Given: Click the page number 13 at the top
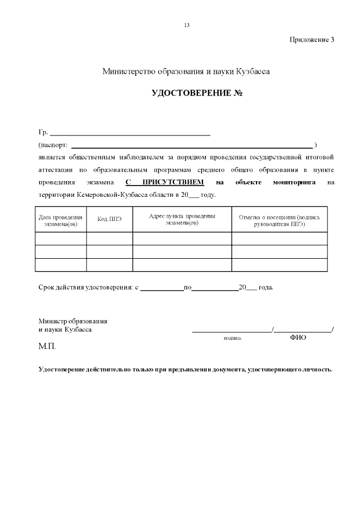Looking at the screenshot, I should (186, 25).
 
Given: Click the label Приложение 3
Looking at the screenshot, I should (312, 39).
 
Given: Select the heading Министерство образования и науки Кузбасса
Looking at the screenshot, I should (186, 72).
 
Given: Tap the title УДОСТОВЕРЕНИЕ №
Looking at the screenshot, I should (197, 92).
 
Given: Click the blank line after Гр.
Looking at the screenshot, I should (130, 134).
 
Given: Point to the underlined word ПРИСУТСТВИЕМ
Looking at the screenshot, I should (173, 183).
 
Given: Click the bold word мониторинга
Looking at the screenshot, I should (294, 183).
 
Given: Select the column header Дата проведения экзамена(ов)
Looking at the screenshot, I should (61, 220).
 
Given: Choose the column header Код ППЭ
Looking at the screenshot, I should (109, 219).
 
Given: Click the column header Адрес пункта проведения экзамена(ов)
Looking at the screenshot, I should (182, 220).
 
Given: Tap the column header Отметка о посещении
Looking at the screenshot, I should (280, 220).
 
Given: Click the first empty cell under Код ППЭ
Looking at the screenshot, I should (109, 238).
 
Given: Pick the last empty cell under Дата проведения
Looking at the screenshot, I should (61, 265).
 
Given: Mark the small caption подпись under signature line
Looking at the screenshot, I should (232, 339).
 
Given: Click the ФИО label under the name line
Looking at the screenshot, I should (298, 337).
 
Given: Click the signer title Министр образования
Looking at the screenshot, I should (73, 321).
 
